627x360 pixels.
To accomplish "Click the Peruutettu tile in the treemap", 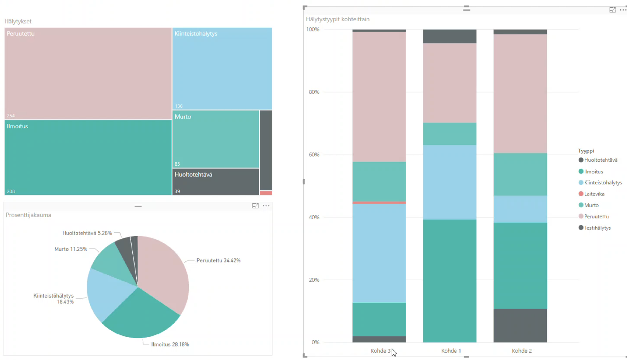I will [x=88, y=74].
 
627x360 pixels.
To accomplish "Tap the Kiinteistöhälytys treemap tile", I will [x=222, y=69].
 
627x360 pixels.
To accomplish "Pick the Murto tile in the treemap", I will [x=216, y=139].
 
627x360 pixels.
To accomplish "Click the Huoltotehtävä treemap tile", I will [x=216, y=182].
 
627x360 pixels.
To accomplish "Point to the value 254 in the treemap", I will [x=11, y=115].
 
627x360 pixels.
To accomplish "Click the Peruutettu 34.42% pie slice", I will [x=164, y=279].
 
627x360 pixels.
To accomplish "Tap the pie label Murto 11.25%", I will [x=71, y=249].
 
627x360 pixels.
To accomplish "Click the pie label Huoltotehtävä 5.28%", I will [x=87, y=233].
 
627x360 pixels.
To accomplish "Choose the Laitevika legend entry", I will [x=594, y=194].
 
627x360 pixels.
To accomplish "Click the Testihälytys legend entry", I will [x=597, y=228].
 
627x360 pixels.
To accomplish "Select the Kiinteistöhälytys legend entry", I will [x=603, y=183].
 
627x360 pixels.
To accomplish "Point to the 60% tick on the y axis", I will [x=314, y=155].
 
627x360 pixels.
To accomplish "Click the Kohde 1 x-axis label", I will [x=451, y=351].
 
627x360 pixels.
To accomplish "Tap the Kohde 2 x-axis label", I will [x=522, y=351].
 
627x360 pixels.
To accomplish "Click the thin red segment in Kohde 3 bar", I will [x=379, y=202].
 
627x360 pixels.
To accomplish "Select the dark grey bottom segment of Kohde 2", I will [x=520, y=326].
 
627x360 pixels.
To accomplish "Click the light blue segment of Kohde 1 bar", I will [x=449, y=182].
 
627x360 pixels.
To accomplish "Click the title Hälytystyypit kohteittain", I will [x=337, y=19].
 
